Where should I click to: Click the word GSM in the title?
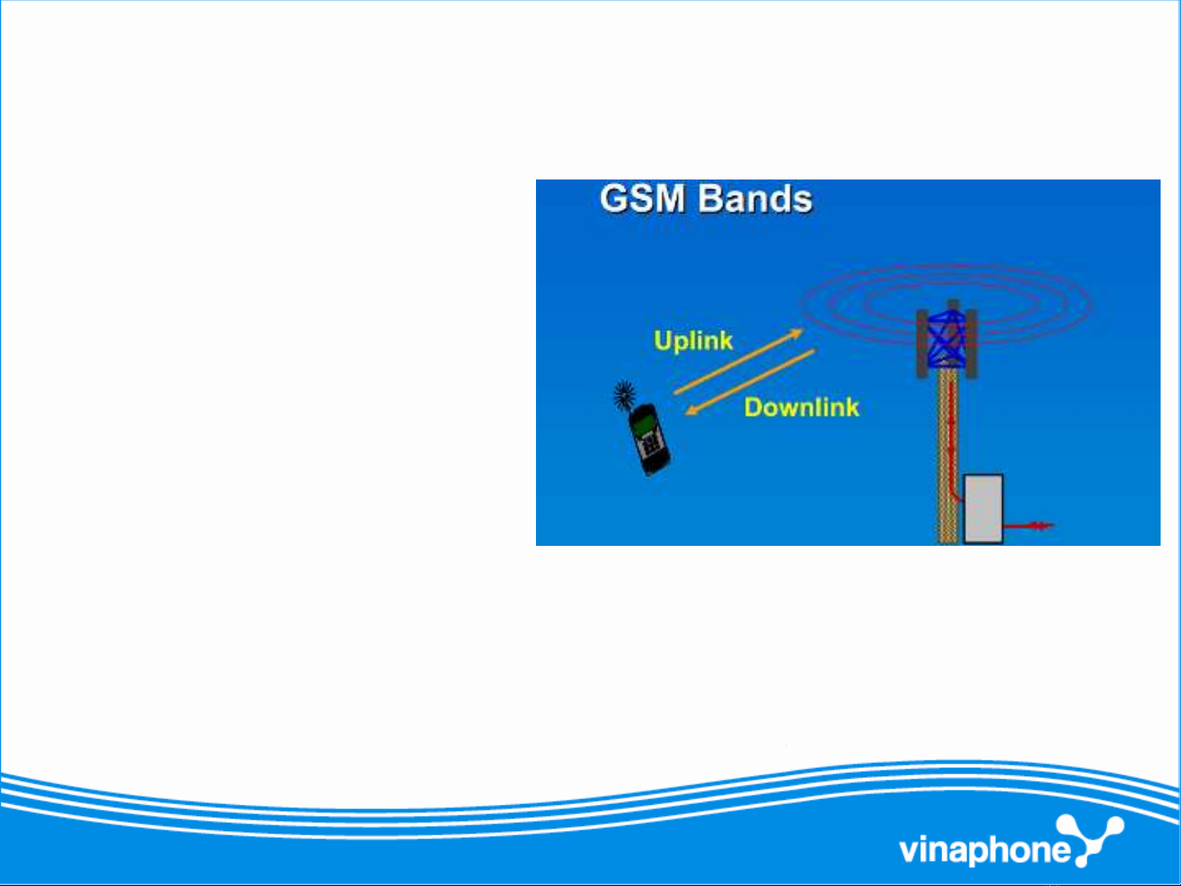pyautogui.click(x=643, y=198)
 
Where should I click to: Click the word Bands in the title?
pyautogui.click(x=755, y=198)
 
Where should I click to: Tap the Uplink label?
pyautogui.click(x=693, y=340)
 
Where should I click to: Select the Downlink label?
pyautogui.click(x=802, y=407)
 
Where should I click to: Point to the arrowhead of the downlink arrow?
pyautogui.click(x=692, y=411)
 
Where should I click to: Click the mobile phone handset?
pyautogui.click(x=649, y=439)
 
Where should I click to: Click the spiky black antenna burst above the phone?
pyautogui.click(x=625, y=394)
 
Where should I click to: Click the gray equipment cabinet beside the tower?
pyautogui.click(x=983, y=509)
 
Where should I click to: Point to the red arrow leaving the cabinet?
pyautogui.click(x=1029, y=525)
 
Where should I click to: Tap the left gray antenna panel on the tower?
pyautogui.click(x=922, y=343)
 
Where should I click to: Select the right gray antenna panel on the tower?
pyautogui.click(x=972, y=344)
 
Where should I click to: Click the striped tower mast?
pyautogui.click(x=947, y=457)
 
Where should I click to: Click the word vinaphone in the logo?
pyautogui.click(x=984, y=851)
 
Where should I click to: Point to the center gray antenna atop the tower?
pyautogui.click(x=953, y=306)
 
